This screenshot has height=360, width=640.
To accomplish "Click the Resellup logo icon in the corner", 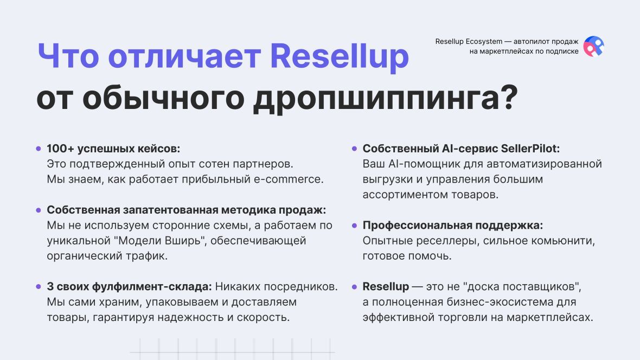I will [x=593, y=47].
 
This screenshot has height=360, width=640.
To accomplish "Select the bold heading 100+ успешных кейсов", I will [x=113, y=149].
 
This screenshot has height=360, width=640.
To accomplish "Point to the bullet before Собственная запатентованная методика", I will [x=39, y=210].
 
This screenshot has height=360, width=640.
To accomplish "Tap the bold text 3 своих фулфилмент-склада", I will [x=129, y=286].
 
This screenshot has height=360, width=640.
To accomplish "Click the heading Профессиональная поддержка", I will [x=453, y=226].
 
